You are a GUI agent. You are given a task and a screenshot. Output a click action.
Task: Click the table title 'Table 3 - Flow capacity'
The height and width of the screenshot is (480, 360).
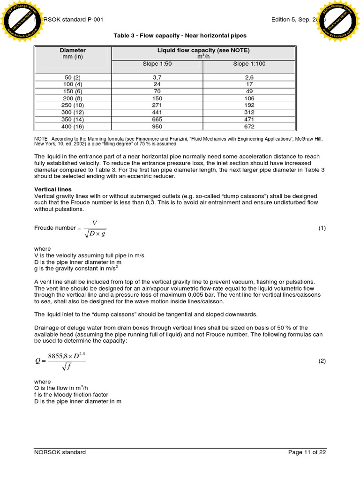pyautogui.click(x=180, y=36)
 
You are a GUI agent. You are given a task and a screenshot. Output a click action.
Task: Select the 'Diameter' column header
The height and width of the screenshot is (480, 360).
pyautogui.click(x=73, y=50)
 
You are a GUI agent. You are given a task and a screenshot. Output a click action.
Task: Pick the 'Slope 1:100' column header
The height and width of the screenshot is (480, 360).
pyautogui.click(x=249, y=64)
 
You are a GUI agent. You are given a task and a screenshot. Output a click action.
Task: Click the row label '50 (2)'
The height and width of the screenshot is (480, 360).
pyautogui.click(x=73, y=77)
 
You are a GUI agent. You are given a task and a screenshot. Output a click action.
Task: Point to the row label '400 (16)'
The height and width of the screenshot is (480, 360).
pyautogui.click(x=73, y=126)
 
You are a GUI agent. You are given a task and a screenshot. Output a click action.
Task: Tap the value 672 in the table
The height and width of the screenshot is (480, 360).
pyautogui.click(x=249, y=126)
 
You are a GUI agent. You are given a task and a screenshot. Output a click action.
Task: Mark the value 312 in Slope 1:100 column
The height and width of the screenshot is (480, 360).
pyautogui.click(x=249, y=112)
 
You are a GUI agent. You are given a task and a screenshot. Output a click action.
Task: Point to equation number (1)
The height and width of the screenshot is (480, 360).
pyautogui.click(x=322, y=228)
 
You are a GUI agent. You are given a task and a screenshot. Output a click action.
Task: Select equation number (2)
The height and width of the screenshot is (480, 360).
pyautogui.click(x=322, y=361)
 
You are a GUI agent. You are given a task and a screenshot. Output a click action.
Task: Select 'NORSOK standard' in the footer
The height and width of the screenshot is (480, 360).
pyautogui.click(x=60, y=452)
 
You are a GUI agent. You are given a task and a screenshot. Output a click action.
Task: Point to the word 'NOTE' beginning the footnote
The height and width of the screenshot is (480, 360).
pyautogui.click(x=41, y=139)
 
